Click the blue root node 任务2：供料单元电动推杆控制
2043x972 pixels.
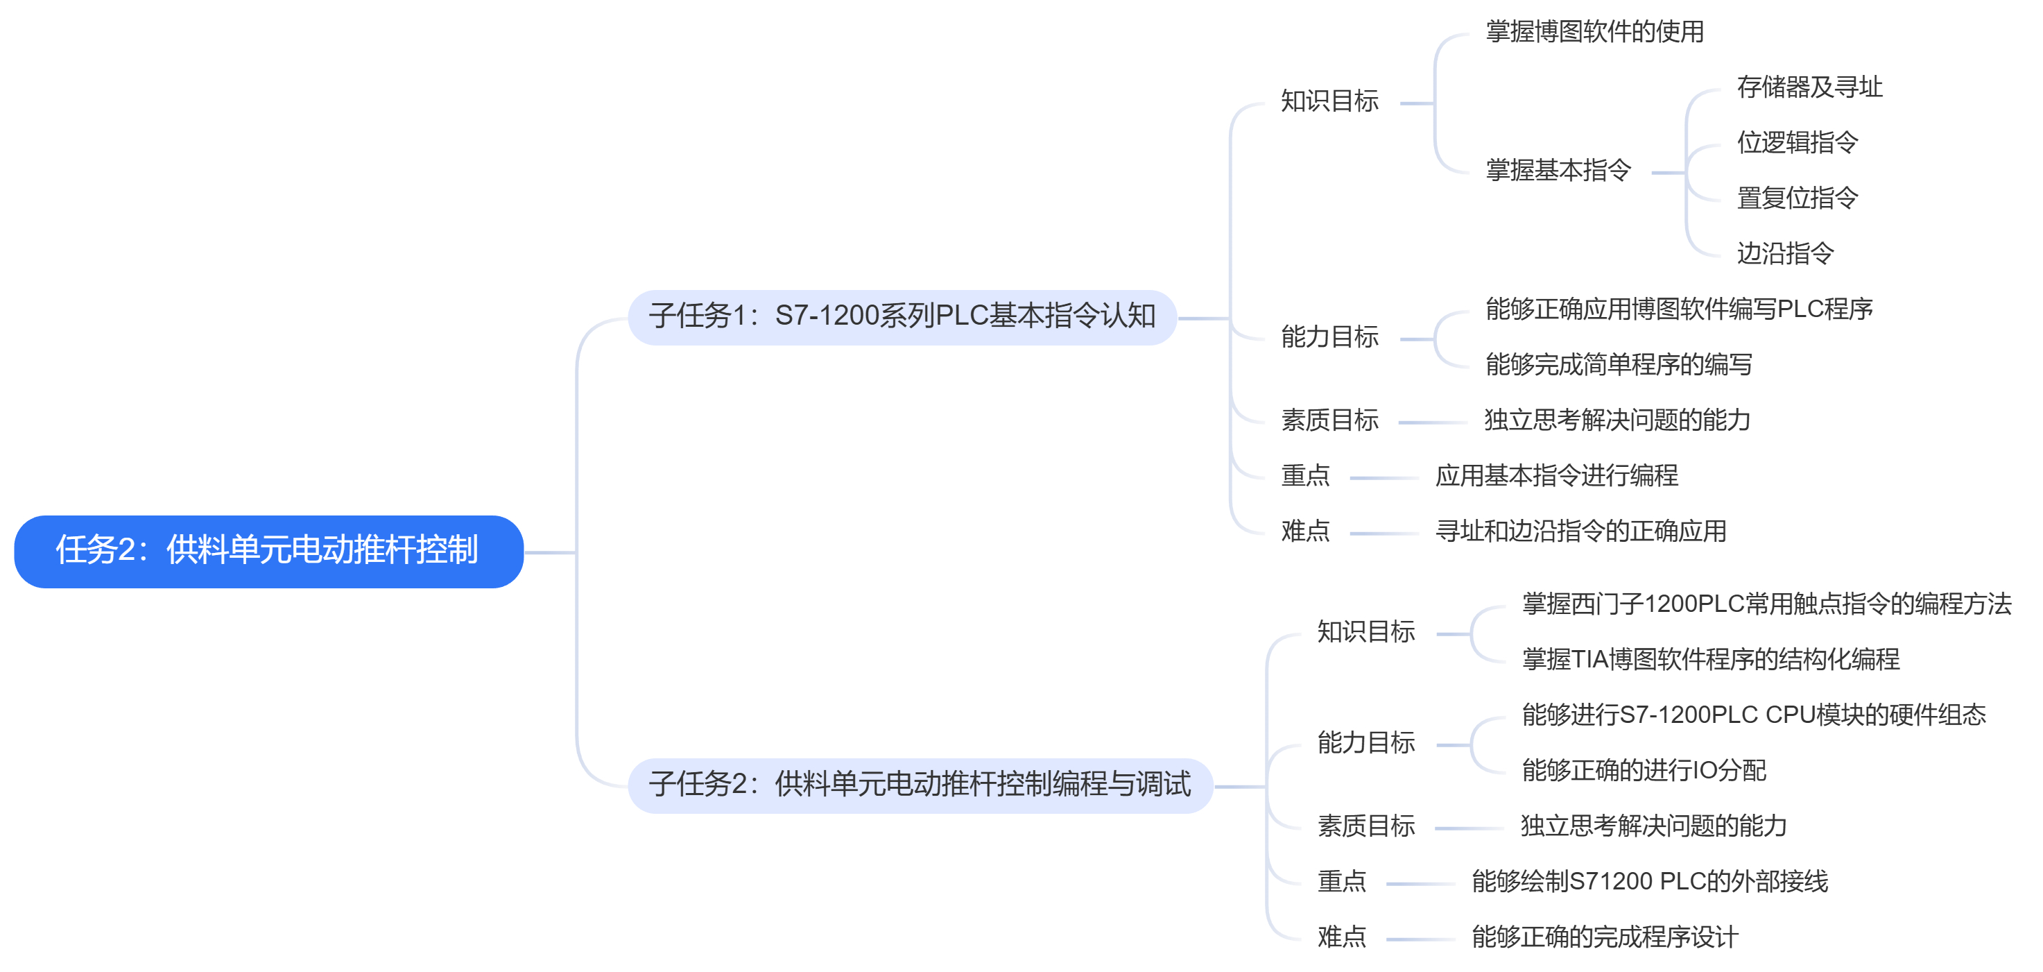(268, 551)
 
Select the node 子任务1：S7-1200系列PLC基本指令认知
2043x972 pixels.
(902, 316)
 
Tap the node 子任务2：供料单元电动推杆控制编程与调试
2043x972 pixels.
(920, 785)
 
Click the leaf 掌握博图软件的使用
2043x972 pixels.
(1594, 32)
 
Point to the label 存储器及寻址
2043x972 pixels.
(1809, 87)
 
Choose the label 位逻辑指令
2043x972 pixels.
(1797, 143)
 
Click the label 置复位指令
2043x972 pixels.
(1797, 198)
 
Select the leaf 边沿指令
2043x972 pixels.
(1785, 254)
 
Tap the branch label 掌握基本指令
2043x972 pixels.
(1558, 171)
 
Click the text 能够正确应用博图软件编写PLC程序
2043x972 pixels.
(1679, 309)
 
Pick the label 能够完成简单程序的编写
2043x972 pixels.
(1619, 364)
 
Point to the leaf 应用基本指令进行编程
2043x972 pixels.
(1557, 476)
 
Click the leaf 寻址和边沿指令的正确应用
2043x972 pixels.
(1580, 531)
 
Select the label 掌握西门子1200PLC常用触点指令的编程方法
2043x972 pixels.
(1766, 604)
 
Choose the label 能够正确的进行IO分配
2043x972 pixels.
(1644, 771)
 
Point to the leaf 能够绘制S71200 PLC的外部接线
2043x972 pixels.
(1650, 882)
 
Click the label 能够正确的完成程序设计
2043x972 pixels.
(1605, 937)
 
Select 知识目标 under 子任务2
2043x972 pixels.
(1365, 633)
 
